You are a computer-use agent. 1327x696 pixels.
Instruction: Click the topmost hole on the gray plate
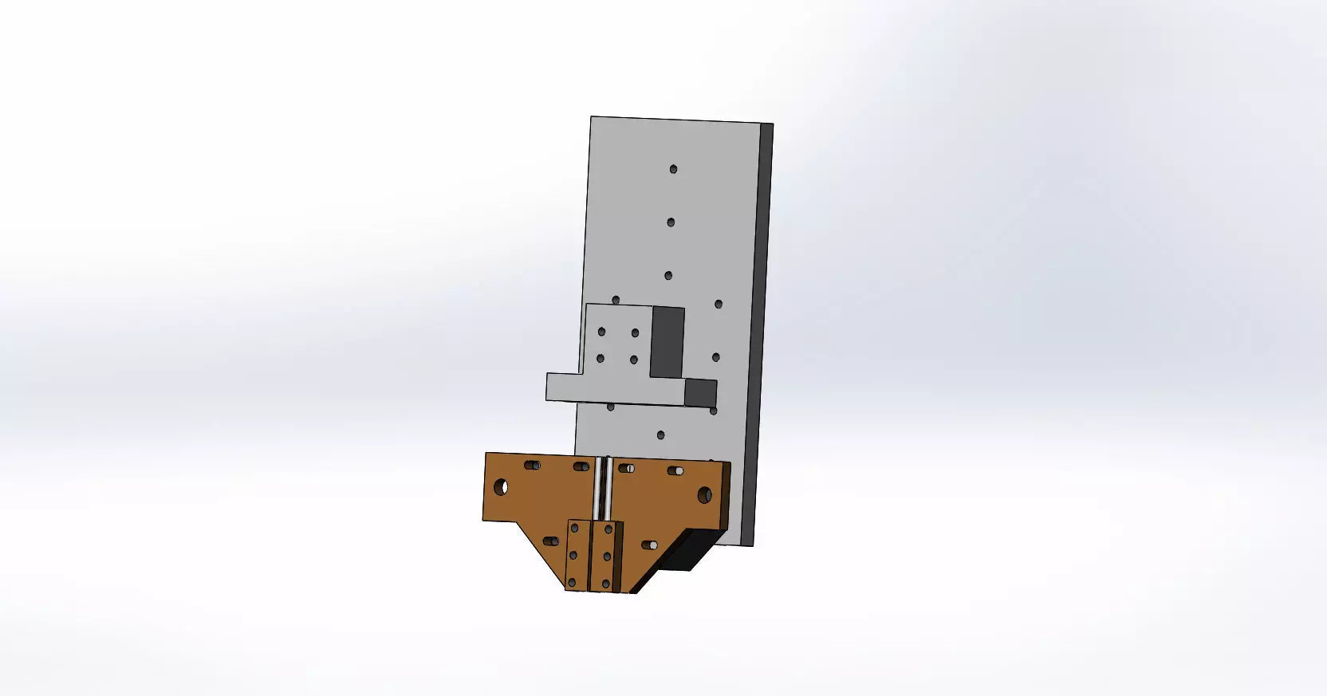pyautogui.click(x=673, y=169)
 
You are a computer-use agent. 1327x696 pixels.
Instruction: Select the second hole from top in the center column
pyautogui.click(x=671, y=222)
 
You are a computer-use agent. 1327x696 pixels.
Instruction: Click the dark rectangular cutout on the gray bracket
pyautogui.click(x=667, y=341)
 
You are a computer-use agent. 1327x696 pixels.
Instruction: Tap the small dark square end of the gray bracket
pyautogui.click(x=701, y=392)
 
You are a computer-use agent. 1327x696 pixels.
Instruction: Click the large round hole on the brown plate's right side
pyautogui.click(x=704, y=495)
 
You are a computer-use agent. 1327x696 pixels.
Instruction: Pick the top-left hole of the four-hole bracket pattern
pyautogui.click(x=602, y=332)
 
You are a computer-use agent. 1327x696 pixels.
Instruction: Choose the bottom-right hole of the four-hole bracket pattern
pyautogui.click(x=634, y=360)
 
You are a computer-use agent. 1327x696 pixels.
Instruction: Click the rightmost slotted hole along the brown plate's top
pyautogui.click(x=675, y=470)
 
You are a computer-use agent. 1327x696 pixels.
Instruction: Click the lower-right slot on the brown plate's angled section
pyautogui.click(x=649, y=545)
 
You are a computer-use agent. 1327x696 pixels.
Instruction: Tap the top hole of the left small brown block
pyautogui.click(x=574, y=528)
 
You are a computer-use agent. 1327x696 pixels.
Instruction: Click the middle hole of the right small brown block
pyautogui.click(x=607, y=556)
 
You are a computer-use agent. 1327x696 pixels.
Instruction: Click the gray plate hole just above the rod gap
pyautogui.click(x=660, y=435)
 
